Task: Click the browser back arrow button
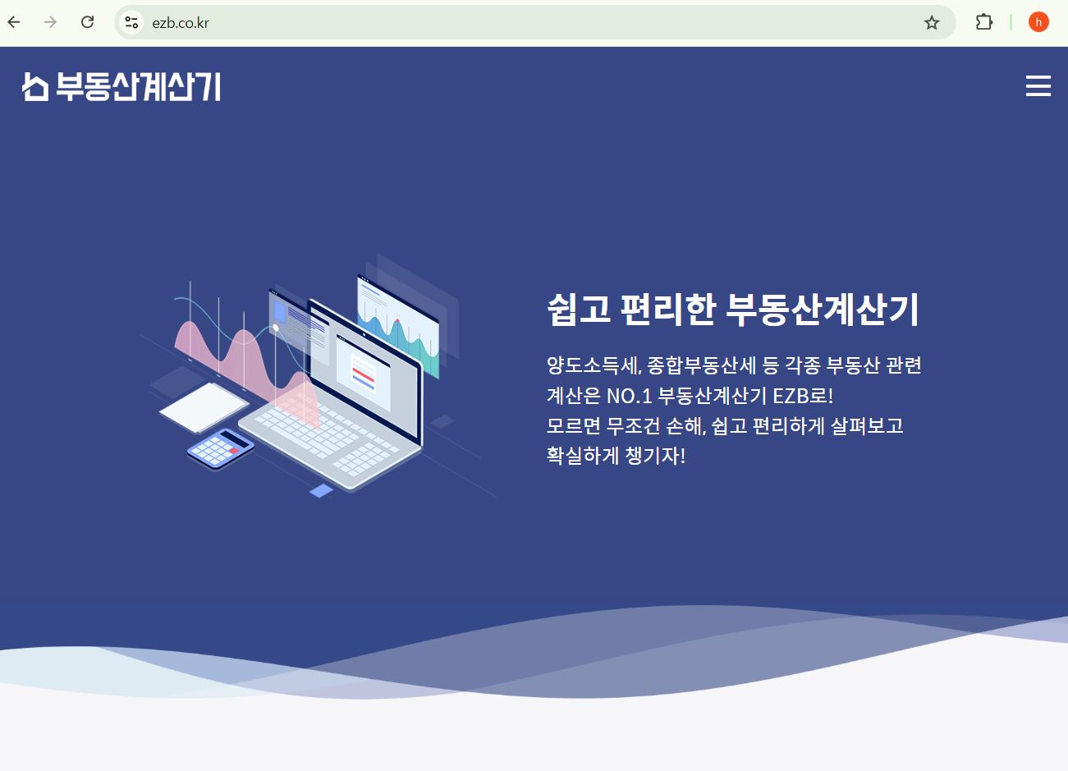(14, 22)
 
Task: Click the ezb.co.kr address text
(181, 23)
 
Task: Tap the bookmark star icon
(931, 23)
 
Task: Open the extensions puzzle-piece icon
(983, 22)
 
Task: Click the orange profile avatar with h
(1038, 22)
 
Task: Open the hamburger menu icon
(1038, 86)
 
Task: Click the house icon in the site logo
(35, 86)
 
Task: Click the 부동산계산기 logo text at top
(138, 86)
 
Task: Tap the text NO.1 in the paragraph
(629, 396)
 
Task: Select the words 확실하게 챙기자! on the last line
(616, 456)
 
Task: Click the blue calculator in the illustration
(220, 447)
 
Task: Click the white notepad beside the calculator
(204, 406)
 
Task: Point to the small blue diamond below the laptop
(321, 490)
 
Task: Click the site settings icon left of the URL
(131, 23)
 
